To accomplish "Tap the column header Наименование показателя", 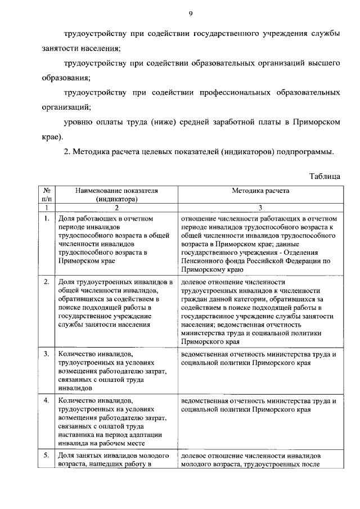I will click(x=117, y=191).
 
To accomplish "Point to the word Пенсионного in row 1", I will click(x=202, y=261).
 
